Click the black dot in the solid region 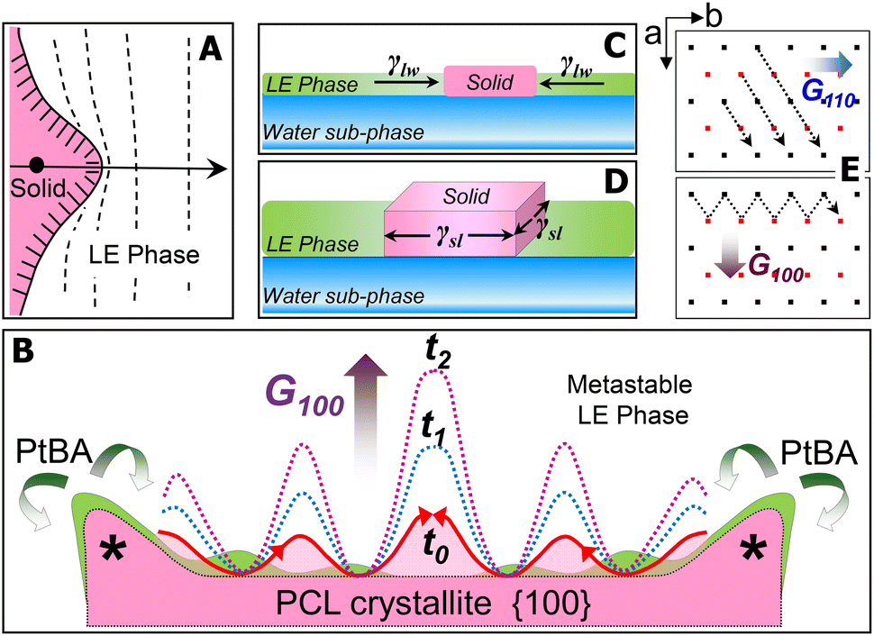click(36, 165)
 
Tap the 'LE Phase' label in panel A click(144, 254)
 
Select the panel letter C click(615, 45)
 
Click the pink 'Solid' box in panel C click(490, 81)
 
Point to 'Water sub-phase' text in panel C click(343, 132)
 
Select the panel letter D click(615, 183)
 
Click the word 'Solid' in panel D click(466, 195)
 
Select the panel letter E click(850, 172)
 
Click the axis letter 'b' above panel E click(713, 17)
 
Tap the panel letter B click(24, 350)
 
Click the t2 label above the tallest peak click(438, 355)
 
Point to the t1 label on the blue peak click(432, 429)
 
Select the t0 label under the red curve click(436, 548)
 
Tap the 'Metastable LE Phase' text click(630, 400)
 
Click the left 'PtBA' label click(54, 452)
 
